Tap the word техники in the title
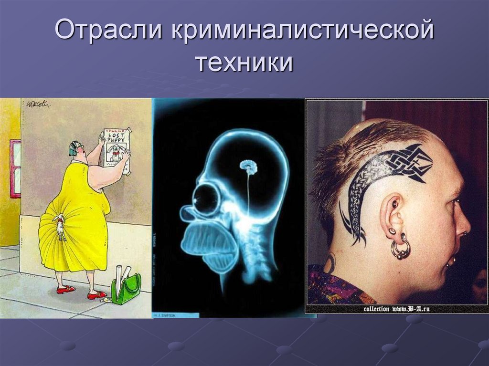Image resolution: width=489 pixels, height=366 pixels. (244, 64)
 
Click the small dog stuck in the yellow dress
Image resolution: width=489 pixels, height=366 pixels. (60, 227)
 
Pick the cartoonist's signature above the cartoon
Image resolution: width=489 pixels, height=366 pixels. (39, 103)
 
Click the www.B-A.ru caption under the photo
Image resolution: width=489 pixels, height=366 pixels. (396, 309)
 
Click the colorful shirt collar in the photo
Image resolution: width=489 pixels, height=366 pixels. (334, 286)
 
